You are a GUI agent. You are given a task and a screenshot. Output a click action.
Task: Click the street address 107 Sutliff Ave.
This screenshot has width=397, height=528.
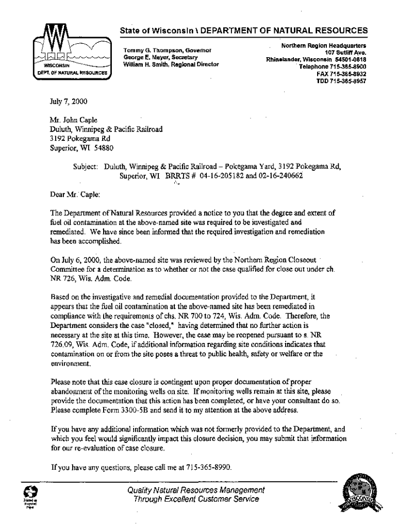pyautogui.click(x=345, y=52)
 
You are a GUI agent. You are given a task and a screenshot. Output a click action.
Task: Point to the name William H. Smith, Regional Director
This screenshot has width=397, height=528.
pyautogui.click(x=171, y=64)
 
